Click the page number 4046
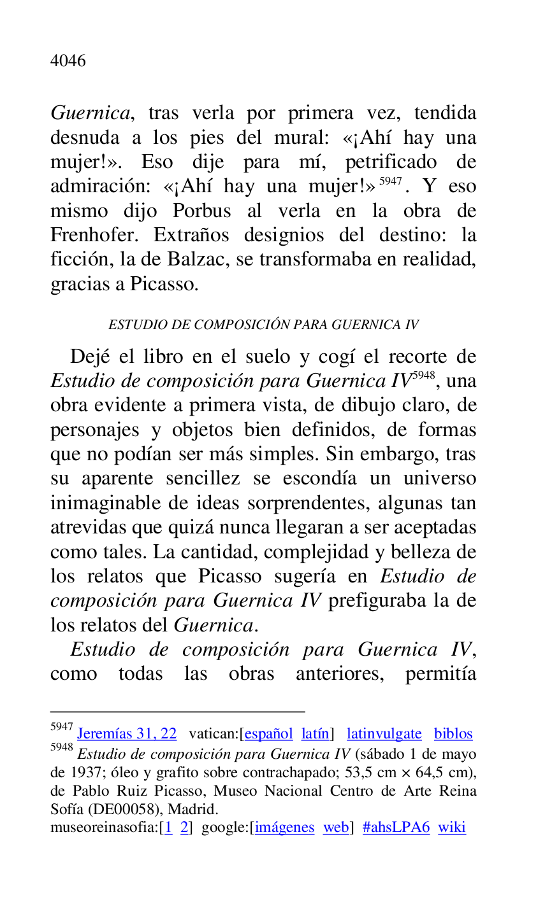(x=68, y=61)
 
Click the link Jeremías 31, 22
(x=127, y=734)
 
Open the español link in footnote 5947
(x=268, y=734)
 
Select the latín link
(x=316, y=734)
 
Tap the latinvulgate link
(x=384, y=734)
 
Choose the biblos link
(x=453, y=734)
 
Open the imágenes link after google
(x=284, y=828)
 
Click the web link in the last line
(x=335, y=828)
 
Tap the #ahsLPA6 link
(x=396, y=828)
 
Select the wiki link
(x=452, y=828)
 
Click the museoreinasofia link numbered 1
(x=169, y=828)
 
